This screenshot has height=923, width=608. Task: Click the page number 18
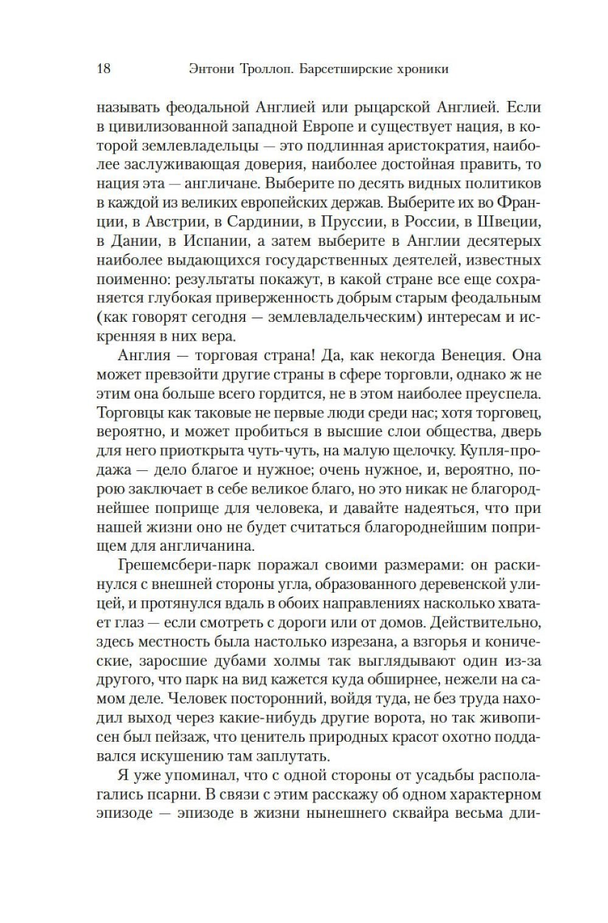103,68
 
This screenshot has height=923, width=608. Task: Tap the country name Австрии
163,222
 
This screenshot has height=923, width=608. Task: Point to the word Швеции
508,222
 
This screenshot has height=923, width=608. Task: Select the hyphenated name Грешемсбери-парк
181,565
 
